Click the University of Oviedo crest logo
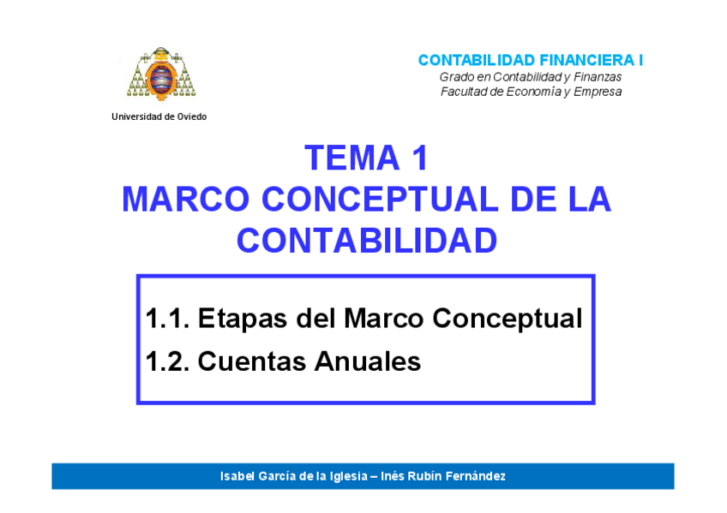coord(161,74)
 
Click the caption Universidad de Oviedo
coord(159,116)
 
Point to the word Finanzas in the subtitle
coord(598,77)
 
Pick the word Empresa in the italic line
coord(598,92)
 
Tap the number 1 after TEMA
coord(420,158)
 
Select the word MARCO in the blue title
coord(186,200)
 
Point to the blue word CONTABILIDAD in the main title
coord(367,241)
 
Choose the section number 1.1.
coord(167,318)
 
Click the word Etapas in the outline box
coord(243,319)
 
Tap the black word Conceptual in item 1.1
coord(508,319)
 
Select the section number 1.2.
coord(167,361)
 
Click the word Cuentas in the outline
coord(252,361)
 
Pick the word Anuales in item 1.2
coord(368,361)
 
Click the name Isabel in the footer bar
coord(237,476)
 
